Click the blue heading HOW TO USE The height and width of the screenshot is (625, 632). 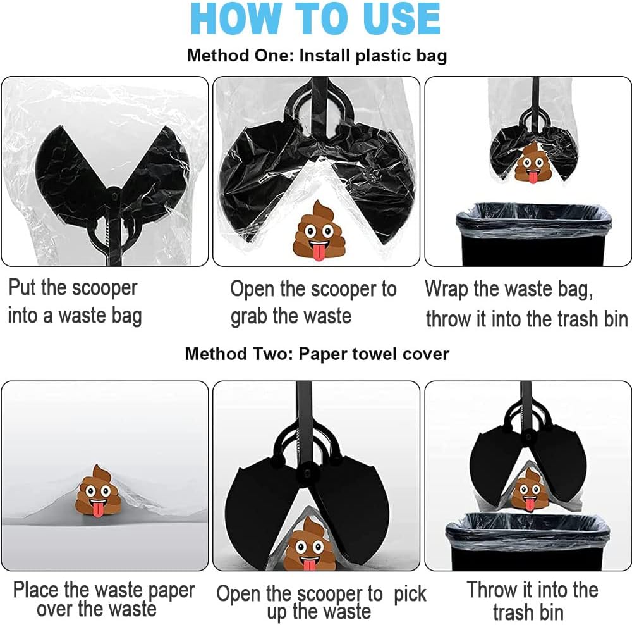[x=315, y=18]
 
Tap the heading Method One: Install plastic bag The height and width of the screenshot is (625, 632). [x=317, y=56]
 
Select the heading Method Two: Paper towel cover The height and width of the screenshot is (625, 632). [x=317, y=354]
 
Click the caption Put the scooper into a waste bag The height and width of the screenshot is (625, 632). [x=75, y=301]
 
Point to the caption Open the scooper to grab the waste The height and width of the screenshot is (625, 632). [x=313, y=302]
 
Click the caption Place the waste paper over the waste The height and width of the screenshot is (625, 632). [x=104, y=599]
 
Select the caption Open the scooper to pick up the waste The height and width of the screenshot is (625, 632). [x=321, y=602]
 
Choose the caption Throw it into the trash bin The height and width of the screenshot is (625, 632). [x=532, y=601]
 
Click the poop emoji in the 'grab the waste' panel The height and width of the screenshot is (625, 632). [x=319, y=231]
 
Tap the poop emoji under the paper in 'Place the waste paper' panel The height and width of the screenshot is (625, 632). [x=99, y=490]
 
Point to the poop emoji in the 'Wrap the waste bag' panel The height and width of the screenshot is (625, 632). [x=533, y=162]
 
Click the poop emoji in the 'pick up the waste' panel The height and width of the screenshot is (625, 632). [x=310, y=544]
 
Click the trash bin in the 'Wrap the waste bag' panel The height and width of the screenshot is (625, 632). [x=533, y=234]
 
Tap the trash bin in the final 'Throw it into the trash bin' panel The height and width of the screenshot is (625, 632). [x=528, y=541]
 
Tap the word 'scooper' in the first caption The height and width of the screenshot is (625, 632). [x=104, y=288]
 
